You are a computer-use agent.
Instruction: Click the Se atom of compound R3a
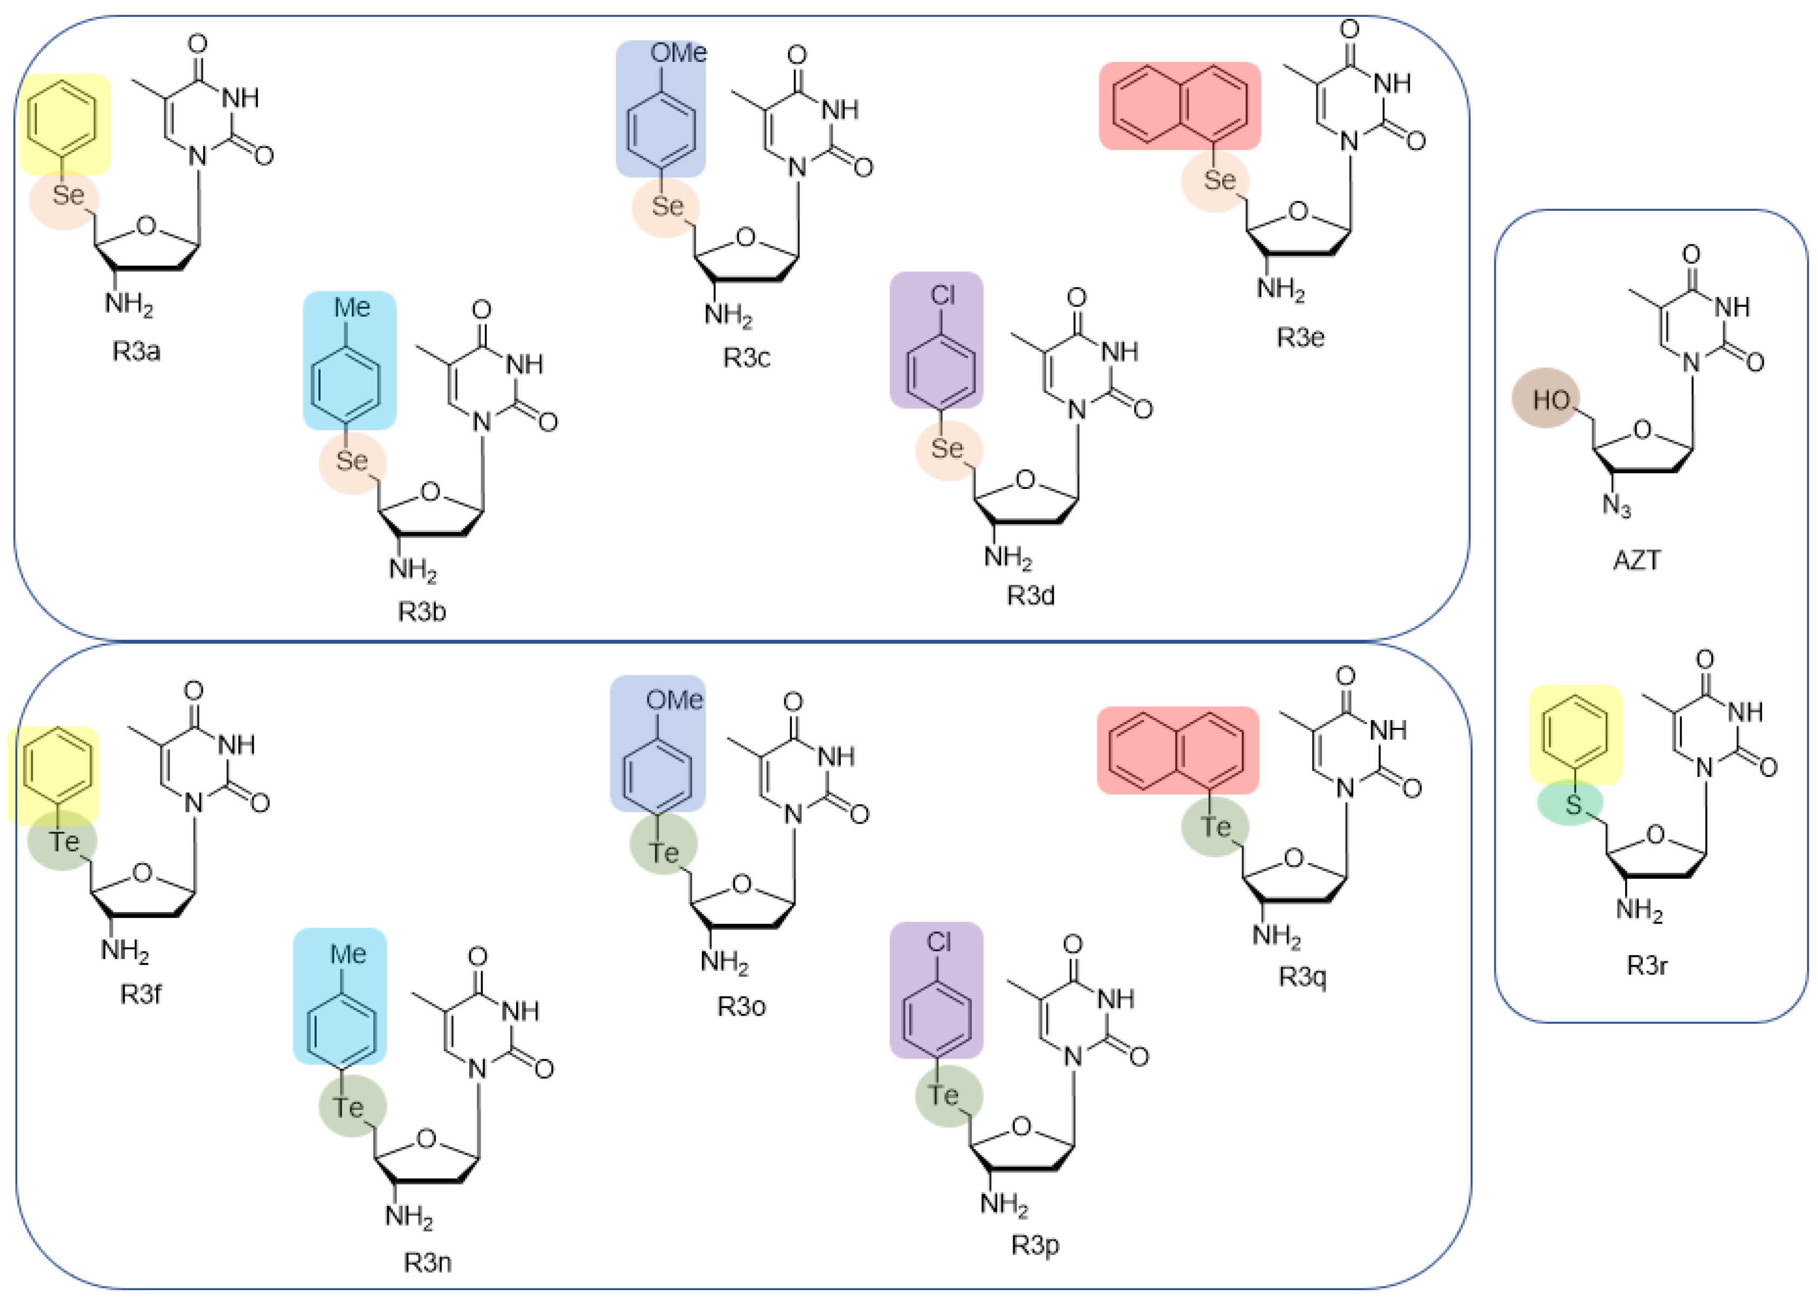click(67, 196)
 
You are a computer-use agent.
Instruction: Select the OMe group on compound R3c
click(677, 54)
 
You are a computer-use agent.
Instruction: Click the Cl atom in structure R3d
click(943, 296)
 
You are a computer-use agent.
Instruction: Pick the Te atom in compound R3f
click(64, 841)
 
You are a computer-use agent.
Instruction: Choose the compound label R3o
click(741, 1006)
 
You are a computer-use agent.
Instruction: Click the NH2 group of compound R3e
click(1280, 288)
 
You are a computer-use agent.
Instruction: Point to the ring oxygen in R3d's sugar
click(1025, 480)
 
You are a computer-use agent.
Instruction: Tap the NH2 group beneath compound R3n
click(408, 1217)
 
